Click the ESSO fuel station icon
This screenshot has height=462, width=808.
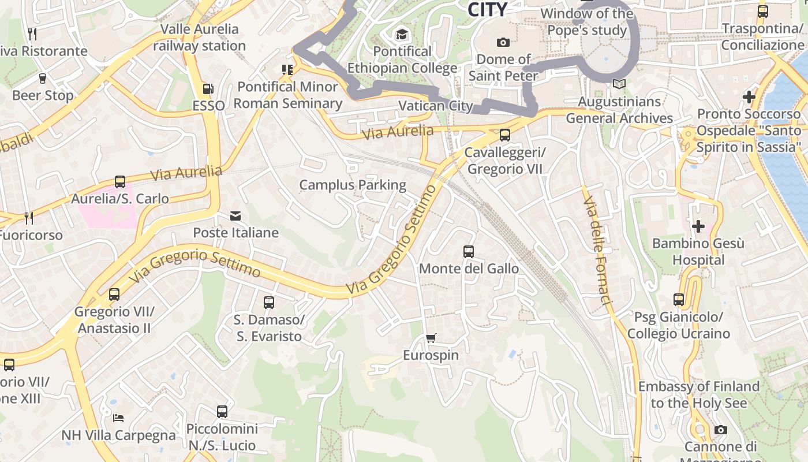(208, 89)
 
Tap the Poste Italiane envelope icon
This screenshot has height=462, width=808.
(235, 216)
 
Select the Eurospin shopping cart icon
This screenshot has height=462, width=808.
(431, 338)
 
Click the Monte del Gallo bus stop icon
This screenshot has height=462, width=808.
(468, 252)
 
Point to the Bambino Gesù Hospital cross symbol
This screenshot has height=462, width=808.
(698, 226)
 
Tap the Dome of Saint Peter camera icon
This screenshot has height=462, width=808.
(503, 42)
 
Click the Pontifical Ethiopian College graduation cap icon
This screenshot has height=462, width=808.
(402, 35)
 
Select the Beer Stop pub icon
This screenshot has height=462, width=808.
(42, 78)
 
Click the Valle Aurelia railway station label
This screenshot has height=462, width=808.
(199, 37)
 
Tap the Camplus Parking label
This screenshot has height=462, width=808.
(353, 185)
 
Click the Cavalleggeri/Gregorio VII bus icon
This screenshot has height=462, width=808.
(505, 135)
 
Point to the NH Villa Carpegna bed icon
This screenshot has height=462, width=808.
(118, 418)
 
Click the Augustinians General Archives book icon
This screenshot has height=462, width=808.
(619, 84)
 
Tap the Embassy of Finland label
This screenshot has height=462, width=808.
(698, 394)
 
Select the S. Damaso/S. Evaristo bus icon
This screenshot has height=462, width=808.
(269, 302)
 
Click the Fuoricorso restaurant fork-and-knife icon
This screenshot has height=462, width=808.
(29, 218)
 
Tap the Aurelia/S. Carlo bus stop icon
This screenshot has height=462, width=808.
(120, 181)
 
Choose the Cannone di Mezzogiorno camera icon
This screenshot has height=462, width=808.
(720, 430)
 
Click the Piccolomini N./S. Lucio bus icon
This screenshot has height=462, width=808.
(222, 411)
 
